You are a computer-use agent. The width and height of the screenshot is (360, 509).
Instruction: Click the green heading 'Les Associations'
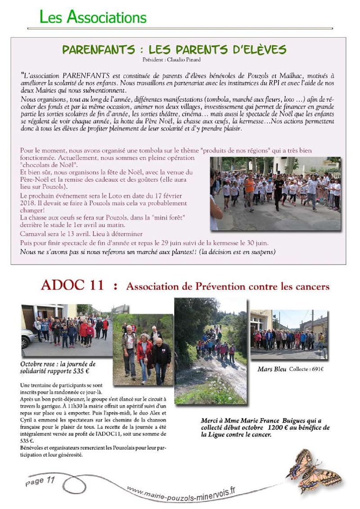(x=93, y=17)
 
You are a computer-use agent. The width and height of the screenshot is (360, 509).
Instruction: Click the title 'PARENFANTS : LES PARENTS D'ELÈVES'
(x=174, y=50)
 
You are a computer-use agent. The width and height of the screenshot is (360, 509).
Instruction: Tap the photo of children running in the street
(x=275, y=193)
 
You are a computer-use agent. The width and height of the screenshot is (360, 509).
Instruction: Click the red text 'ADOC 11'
(x=72, y=285)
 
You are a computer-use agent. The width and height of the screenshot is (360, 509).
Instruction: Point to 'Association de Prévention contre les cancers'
(x=228, y=287)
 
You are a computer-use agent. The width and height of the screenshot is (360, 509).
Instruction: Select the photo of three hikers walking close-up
(x=143, y=350)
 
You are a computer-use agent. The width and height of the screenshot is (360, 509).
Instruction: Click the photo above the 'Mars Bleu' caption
(x=289, y=334)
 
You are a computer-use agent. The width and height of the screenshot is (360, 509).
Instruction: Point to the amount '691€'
(x=316, y=369)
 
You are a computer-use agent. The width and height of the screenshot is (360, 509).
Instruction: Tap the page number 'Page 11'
(x=40, y=481)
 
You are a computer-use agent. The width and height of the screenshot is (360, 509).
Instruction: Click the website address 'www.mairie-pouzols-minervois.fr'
(x=180, y=494)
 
